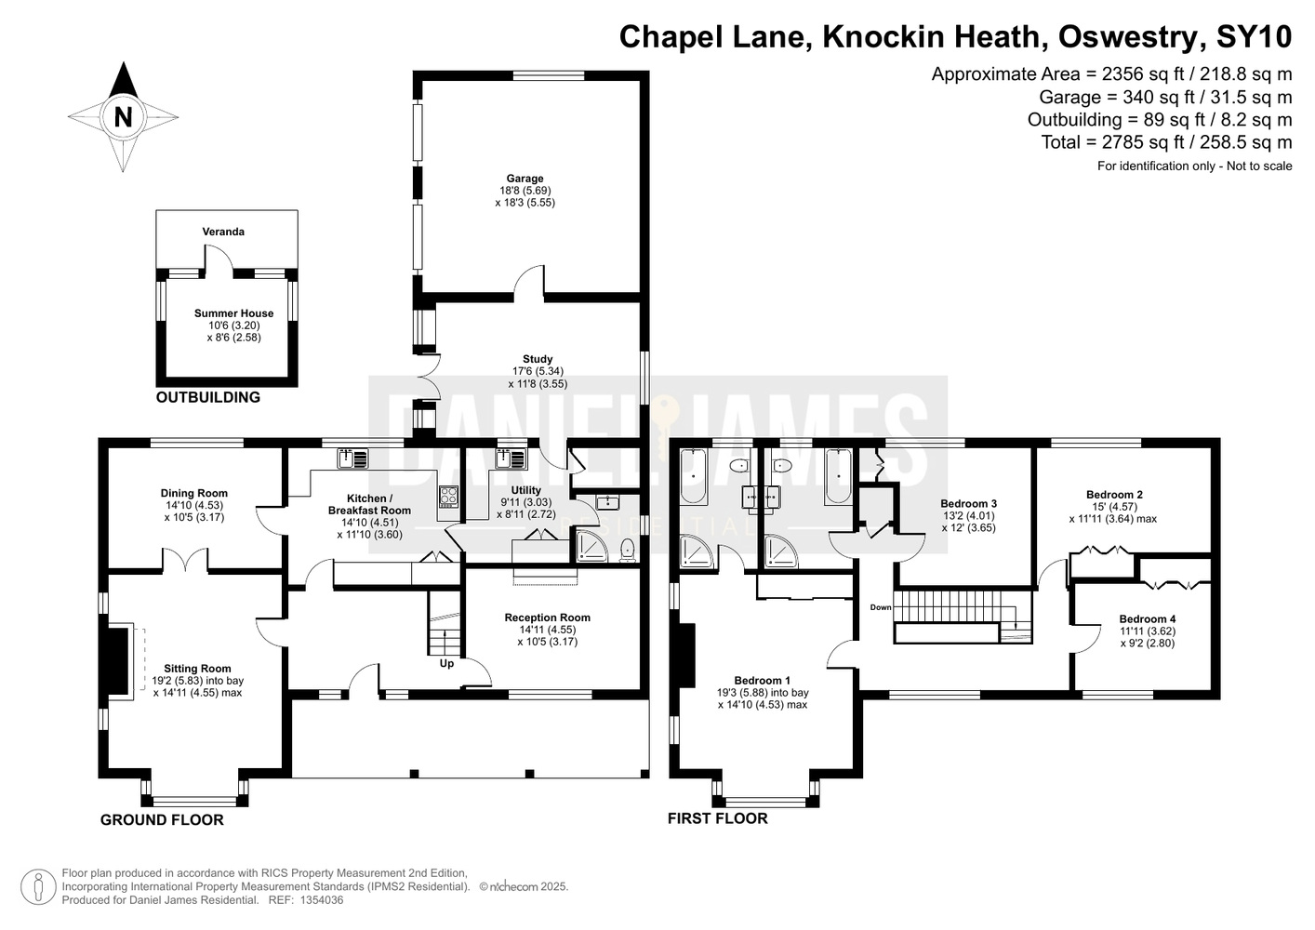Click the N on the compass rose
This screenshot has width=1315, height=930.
click(123, 117)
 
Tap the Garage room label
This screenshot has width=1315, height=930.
click(525, 179)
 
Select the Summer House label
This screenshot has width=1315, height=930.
click(233, 313)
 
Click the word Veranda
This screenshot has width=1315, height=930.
click(223, 232)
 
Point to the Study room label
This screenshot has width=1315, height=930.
click(538, 359)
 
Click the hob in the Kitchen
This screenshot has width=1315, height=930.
click(448, 497)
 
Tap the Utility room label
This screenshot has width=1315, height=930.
click(526, 490)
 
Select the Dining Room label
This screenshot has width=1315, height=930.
click(193, 494)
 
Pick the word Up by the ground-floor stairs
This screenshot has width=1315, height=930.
click(446, 664)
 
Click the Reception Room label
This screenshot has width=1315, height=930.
click(547, 618)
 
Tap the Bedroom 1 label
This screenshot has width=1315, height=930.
click(762, 681)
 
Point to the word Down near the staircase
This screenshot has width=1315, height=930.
click(881, 607)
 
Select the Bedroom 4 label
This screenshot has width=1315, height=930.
click(1148, 619)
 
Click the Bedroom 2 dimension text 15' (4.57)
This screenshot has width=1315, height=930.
click(1112, 507)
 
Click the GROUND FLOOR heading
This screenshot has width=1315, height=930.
click(162, 820)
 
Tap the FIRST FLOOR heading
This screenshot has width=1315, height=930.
click(717, 818)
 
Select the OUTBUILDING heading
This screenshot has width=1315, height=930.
click(207, 398)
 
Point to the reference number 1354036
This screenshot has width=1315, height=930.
click(319, 900)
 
